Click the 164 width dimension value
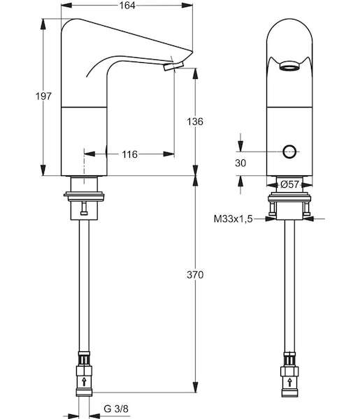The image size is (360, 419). (127, 6)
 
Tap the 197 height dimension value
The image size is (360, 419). (43, 96)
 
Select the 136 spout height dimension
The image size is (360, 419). (195, 122)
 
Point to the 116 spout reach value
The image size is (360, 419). (130, 154)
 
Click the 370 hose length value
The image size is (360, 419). (195, 274)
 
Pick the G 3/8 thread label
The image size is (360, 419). (116, 409)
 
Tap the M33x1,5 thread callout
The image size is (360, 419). (233, 219)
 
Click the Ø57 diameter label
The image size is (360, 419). (289, 184)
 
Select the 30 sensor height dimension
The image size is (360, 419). (240, 163)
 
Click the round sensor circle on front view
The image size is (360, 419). (289, 152)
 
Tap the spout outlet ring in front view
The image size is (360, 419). (289, 66)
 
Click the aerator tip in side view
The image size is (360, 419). (174, 66)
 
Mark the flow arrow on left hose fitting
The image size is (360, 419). (85, 381)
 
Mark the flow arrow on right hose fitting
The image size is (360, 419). (289, 382)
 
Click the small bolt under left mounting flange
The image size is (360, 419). (84, 208)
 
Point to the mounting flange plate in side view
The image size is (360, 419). (84, 196)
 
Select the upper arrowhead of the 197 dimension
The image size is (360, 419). (43, 24)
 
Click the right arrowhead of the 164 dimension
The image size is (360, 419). (187, 6)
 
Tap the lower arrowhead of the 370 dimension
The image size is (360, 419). (196, 387)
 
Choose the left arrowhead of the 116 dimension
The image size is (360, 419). (89, 154)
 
